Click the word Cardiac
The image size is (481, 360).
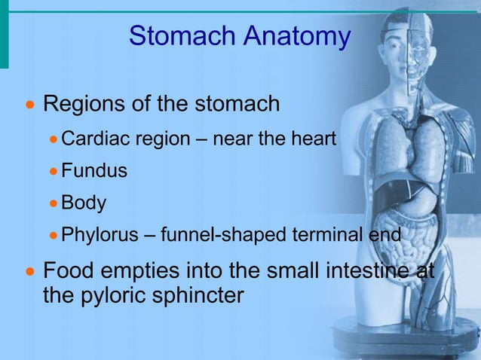click(x=92, y=139)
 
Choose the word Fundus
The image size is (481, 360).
click(x=93, y=171)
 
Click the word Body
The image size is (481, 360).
click(x=84, y=203)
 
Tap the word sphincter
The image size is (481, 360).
click(x=199, y=294)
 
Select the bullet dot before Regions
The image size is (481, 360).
click(x=30, y=105)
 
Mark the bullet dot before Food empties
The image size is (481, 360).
click(x=30, y=270)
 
